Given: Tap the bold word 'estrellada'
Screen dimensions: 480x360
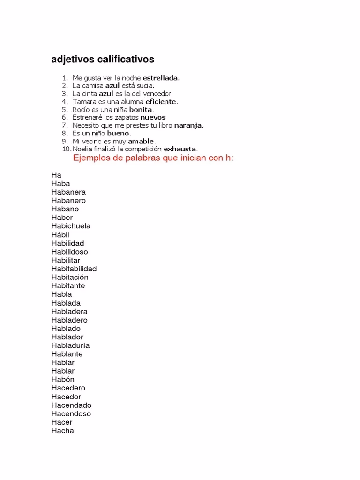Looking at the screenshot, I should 161,78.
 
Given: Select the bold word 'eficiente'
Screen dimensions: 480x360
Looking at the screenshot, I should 161,101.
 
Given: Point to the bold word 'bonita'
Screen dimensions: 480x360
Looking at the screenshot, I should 141,109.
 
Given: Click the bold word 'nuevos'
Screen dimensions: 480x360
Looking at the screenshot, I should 153,117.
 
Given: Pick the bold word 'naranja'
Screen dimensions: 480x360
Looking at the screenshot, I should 188,125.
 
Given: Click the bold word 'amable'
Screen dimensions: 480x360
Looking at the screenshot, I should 141,141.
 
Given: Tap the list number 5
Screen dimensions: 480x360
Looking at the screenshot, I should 65,109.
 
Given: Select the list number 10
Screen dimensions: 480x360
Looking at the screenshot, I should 66,149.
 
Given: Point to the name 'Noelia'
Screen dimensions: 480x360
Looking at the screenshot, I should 82,149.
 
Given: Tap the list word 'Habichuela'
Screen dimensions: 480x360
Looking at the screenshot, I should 71,226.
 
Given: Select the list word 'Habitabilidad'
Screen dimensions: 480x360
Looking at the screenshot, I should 74,269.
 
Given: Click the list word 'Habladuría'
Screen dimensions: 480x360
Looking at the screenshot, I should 70,345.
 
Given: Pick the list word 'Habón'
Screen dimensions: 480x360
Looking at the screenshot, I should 63,379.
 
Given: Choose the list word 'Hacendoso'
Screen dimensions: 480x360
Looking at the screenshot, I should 71,413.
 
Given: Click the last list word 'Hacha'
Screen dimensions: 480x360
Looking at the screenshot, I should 63,431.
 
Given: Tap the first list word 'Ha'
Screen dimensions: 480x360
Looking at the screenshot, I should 56,175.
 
